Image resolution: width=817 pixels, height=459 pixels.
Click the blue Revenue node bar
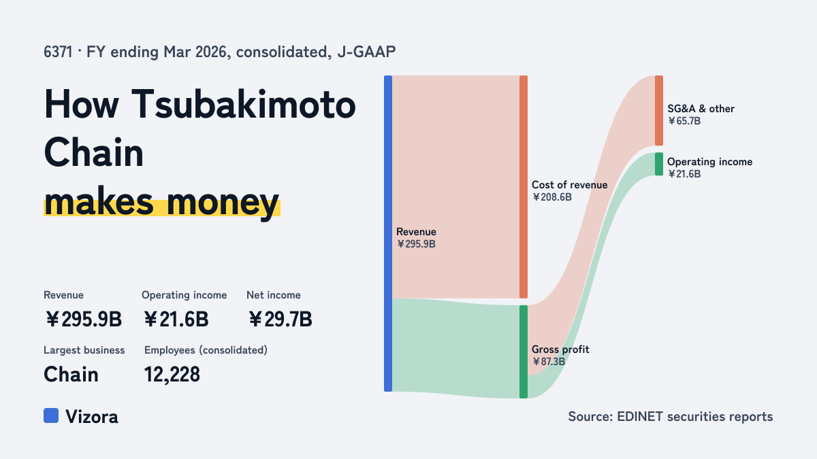[388, 233]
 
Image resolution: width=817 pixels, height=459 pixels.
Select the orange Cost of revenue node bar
[524, 187]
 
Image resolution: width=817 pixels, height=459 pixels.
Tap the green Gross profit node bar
[524, 352]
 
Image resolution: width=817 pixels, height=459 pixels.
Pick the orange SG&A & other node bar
[659, 110]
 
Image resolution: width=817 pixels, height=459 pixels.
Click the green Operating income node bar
[659, 164]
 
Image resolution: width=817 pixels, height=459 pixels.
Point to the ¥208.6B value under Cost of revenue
[552, 197]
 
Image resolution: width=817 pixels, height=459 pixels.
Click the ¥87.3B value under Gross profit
[549, 362]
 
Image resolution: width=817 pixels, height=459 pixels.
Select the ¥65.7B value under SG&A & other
[684, 121]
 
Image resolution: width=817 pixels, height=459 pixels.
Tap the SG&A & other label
[701, 109]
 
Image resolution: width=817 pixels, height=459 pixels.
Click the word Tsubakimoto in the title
[243, 105]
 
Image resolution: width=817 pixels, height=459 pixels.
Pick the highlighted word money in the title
[223, 203]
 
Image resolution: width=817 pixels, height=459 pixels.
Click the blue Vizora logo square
[51, 415]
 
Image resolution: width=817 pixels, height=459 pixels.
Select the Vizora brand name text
[92, 417]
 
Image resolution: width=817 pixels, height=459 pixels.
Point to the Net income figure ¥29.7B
[280, 320]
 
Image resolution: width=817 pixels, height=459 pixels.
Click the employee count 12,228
[172, 375]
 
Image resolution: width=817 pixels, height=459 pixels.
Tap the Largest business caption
[84, 350]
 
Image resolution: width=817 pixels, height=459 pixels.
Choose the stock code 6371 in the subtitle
[58, 52]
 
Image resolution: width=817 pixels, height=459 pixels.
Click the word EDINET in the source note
[640, 417]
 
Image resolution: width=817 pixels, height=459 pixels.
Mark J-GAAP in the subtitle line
[366, 52]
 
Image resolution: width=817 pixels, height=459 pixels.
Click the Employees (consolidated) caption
[206, 350]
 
